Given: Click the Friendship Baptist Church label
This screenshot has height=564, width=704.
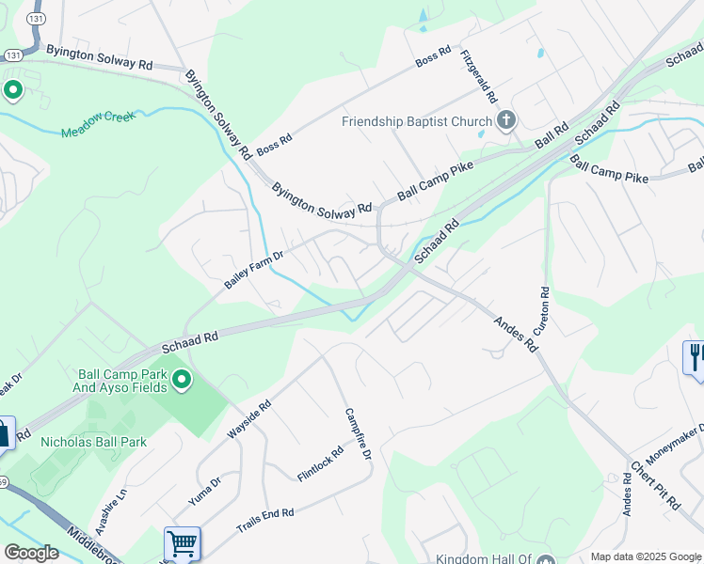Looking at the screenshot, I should pyautogui.click(x=417, y=121).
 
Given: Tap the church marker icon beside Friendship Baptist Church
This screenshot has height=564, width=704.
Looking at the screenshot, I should pyautogui.click(x=506, y=119).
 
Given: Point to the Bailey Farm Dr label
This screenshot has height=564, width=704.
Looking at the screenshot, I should pyautogui.click(x=253, y=269).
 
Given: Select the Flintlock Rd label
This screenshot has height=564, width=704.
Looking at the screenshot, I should pyautogui.click(x=319, y=463).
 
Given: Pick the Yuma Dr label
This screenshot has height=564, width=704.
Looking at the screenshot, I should pyautogui.click(x=205, y=490).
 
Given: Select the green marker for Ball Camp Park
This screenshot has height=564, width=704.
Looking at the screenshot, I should pyautogui.click(x=182, y=380).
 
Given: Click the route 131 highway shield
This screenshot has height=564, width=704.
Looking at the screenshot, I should pyautogui.click(x=36, y=18).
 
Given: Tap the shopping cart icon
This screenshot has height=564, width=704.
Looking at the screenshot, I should pyautogui.click(x=182, y=543).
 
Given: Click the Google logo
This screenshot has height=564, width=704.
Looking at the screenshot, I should pyautogui.click(x=31, y=553).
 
